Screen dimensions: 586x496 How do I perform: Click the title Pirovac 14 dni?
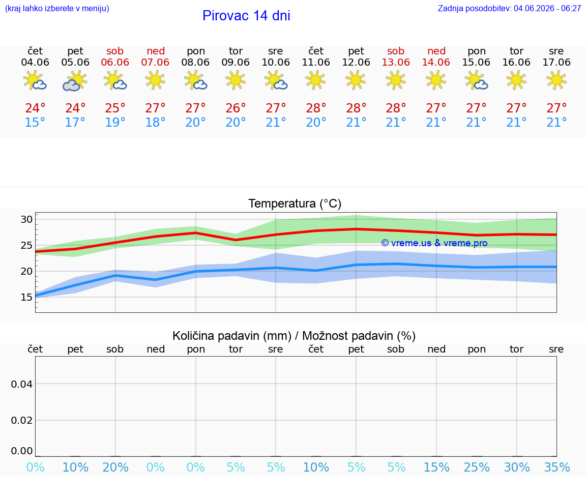point(246,16)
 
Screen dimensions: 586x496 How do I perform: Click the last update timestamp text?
point(509,9)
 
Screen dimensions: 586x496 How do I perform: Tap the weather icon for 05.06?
point(75,81)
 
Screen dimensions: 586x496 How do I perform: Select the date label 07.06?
point(155,63)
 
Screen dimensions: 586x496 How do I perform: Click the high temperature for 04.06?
point(35,108)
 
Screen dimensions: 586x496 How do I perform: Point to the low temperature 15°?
point(35,122)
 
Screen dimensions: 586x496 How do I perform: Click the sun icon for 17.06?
point(556,80)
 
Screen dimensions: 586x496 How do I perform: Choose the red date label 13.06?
point(396,63)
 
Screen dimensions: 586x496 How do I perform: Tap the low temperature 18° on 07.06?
point(155,122)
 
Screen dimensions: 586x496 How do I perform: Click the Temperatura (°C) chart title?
point(295,203)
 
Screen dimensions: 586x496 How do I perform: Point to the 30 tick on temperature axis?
point(26,219)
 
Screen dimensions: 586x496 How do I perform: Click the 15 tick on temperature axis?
point(26,297)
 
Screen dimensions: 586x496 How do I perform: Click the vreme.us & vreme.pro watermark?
point(434,243)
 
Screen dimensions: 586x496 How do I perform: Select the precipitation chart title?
point(294,336)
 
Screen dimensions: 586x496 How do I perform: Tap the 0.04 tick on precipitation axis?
point(22,384)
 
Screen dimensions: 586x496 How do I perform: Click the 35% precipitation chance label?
point(557,467)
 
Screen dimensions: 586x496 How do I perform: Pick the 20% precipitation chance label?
point(115,467)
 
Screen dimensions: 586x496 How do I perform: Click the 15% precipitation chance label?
point(436,467)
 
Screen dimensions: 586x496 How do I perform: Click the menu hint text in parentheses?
point(57,9)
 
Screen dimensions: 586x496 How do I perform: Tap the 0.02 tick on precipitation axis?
point(22,420)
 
